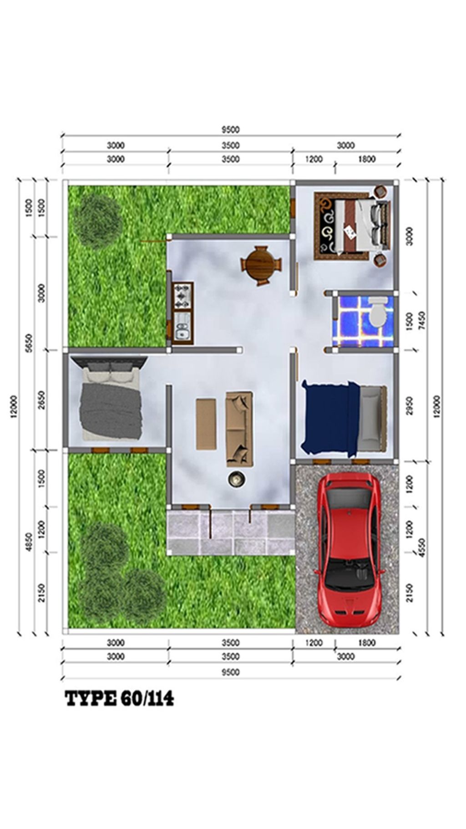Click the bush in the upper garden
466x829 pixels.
pyautogui.click(x=98, y=222)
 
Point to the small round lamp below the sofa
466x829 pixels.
pyautogui.click(x=237, y=479)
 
